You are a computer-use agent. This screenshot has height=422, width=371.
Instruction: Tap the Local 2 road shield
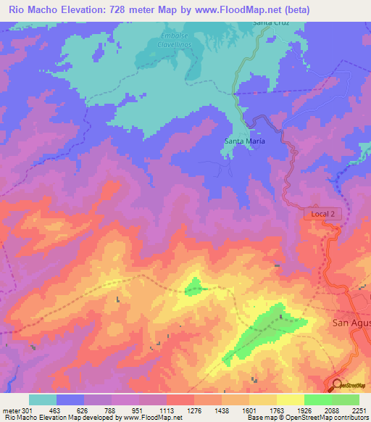pyautogui.click(x=322, y=214)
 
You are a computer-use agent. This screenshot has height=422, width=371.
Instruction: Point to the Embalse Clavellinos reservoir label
pyautogui.click(x=174, y=40)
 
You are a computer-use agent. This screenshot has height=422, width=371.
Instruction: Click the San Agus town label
pyautogui.click(x=351, y=323)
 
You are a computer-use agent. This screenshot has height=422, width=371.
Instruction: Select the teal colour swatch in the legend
pyautogui.click(x=42, y=399)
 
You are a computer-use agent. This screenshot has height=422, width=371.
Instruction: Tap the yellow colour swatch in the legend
pyautogui.click(x=290, y=399)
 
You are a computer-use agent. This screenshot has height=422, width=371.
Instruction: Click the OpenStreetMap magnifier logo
pyautogui.click(x=338, y=386)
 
